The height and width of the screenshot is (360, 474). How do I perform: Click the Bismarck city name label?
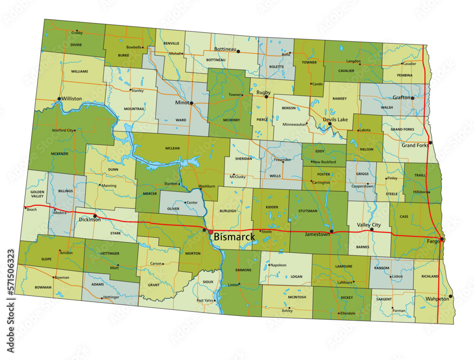pyautogui.click(x=234, y=236)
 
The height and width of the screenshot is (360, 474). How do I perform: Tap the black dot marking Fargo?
pyautogui.click(x=442, y=240)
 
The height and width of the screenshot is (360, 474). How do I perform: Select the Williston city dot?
pyautogui.click(x=59, y=99)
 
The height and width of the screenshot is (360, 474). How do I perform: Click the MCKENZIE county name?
pyautogui.click(x=60, y=154)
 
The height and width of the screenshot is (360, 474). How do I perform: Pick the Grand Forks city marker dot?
pyautogui.click(x=430, y=143)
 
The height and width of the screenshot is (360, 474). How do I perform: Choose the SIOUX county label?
pyautogui.click(x=208, y=282)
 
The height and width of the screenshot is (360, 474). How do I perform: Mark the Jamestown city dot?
pyautogui.click(x=331, y=231)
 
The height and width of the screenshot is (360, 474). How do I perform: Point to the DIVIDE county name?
pyautogui.click(x=76, y=45)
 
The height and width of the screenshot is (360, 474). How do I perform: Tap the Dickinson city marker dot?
pyautogui.click(x=95, y=216)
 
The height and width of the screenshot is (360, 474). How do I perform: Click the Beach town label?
pyautogui.click(x=32, y=209)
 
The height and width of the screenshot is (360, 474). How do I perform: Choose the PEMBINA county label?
pyautogui.click(x=404, y=75)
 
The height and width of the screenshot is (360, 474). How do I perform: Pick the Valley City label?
pyautogui.click(x=368, y=225)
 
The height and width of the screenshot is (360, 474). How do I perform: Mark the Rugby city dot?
pyautogui.click(x=266, y=97)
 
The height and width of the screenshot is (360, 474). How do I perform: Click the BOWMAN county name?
pyautogui.click(x=43, y=287)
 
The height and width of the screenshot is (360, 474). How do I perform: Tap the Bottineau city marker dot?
pyautogui.click(x=238, y=51)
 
